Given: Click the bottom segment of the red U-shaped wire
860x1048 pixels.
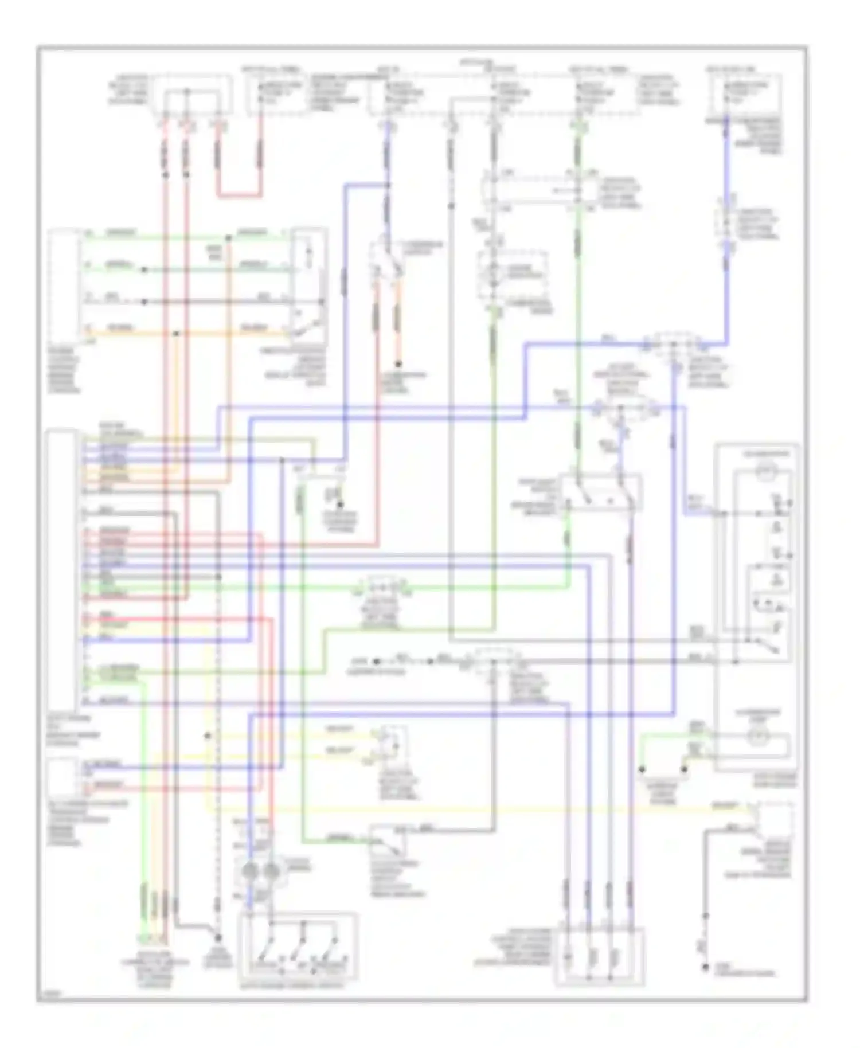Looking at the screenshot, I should coord(239,195).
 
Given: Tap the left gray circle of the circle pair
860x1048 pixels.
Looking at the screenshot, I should coord(250,871).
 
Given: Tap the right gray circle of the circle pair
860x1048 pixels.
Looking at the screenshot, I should coord(271,871).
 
